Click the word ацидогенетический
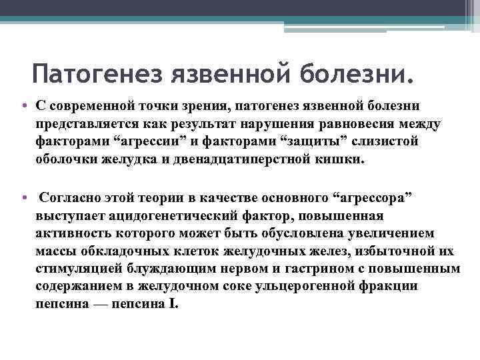tap(164, 217)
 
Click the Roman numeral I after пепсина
tap(175, 303)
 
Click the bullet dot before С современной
tap(24, 107)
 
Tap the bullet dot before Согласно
tap(24, 199)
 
